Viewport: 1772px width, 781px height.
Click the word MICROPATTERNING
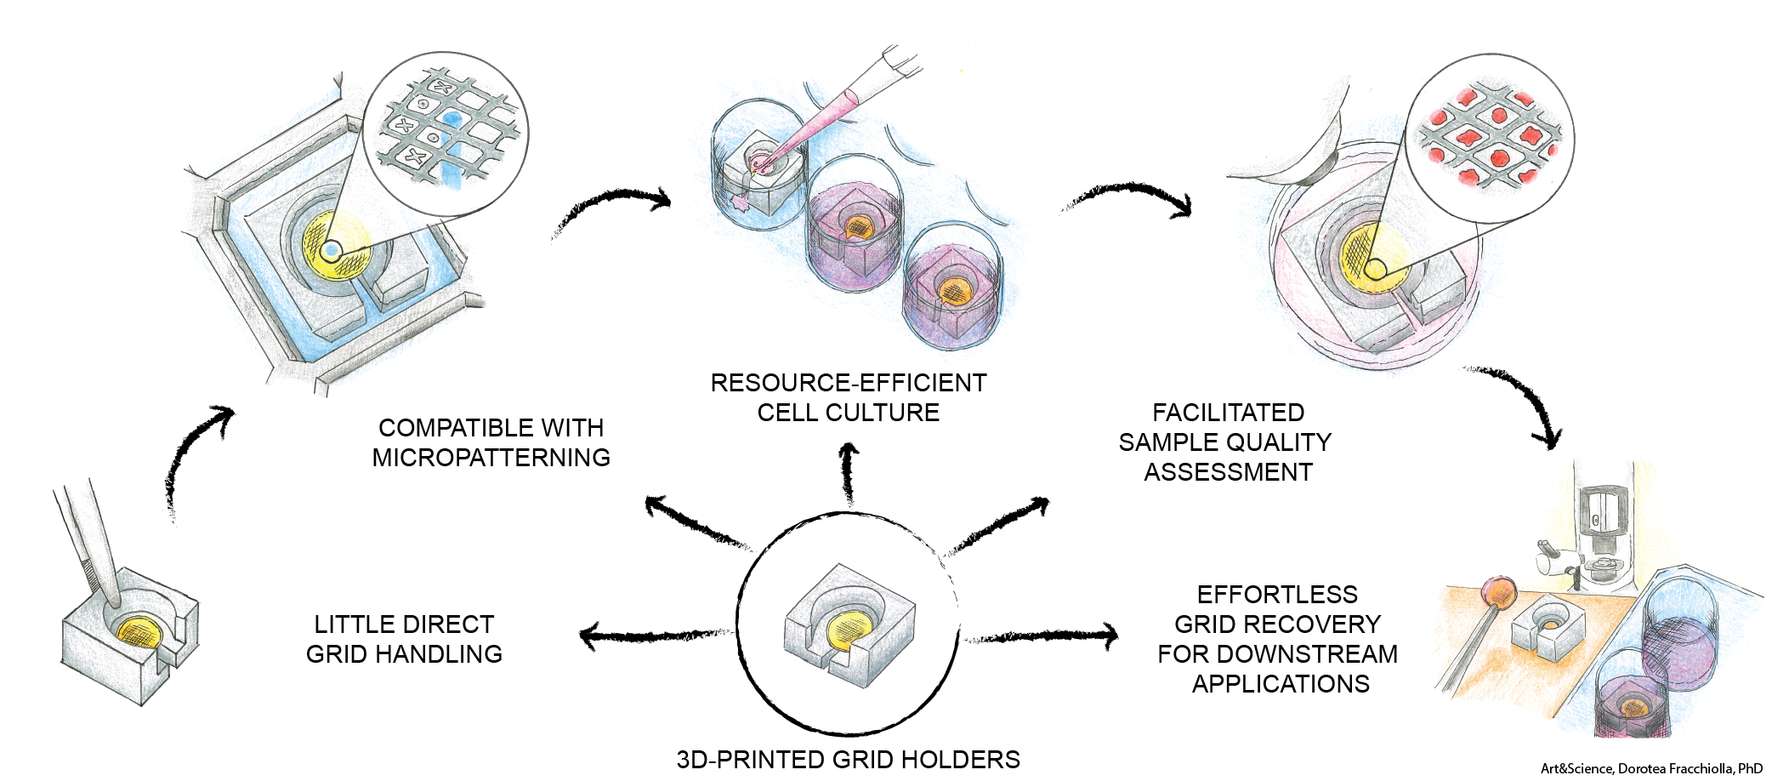[491, 458]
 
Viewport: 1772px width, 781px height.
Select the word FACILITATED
[1228, 413]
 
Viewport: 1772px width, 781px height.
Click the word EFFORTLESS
[1277, 595]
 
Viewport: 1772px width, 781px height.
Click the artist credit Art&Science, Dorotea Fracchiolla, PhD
[1651, 769]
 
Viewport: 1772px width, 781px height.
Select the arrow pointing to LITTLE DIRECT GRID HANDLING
[655, 635]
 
